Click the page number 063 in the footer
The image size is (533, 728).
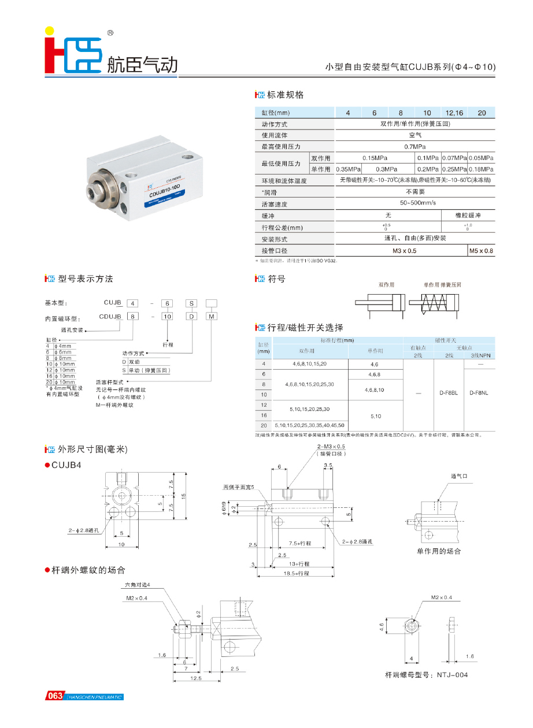[x=55, y=696]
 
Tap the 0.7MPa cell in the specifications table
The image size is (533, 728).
[x=415, y=147]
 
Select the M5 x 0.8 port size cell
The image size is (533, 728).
[x=481, y=251]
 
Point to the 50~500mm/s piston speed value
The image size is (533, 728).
[x=415, y=204]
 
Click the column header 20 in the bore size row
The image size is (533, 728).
[x=482, y=113]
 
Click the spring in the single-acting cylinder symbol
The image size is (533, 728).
[x=435, y=302]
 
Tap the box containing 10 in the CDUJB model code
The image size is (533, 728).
[x=167, y=317]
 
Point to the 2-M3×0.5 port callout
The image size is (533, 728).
[x=331, y=447]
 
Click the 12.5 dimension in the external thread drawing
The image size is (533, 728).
[x=196, y=679]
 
